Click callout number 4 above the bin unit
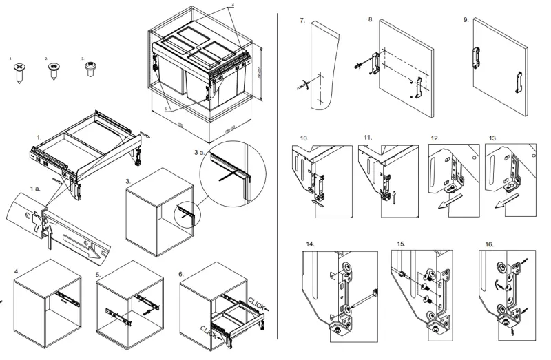232,5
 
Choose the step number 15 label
400,244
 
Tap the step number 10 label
304,138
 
